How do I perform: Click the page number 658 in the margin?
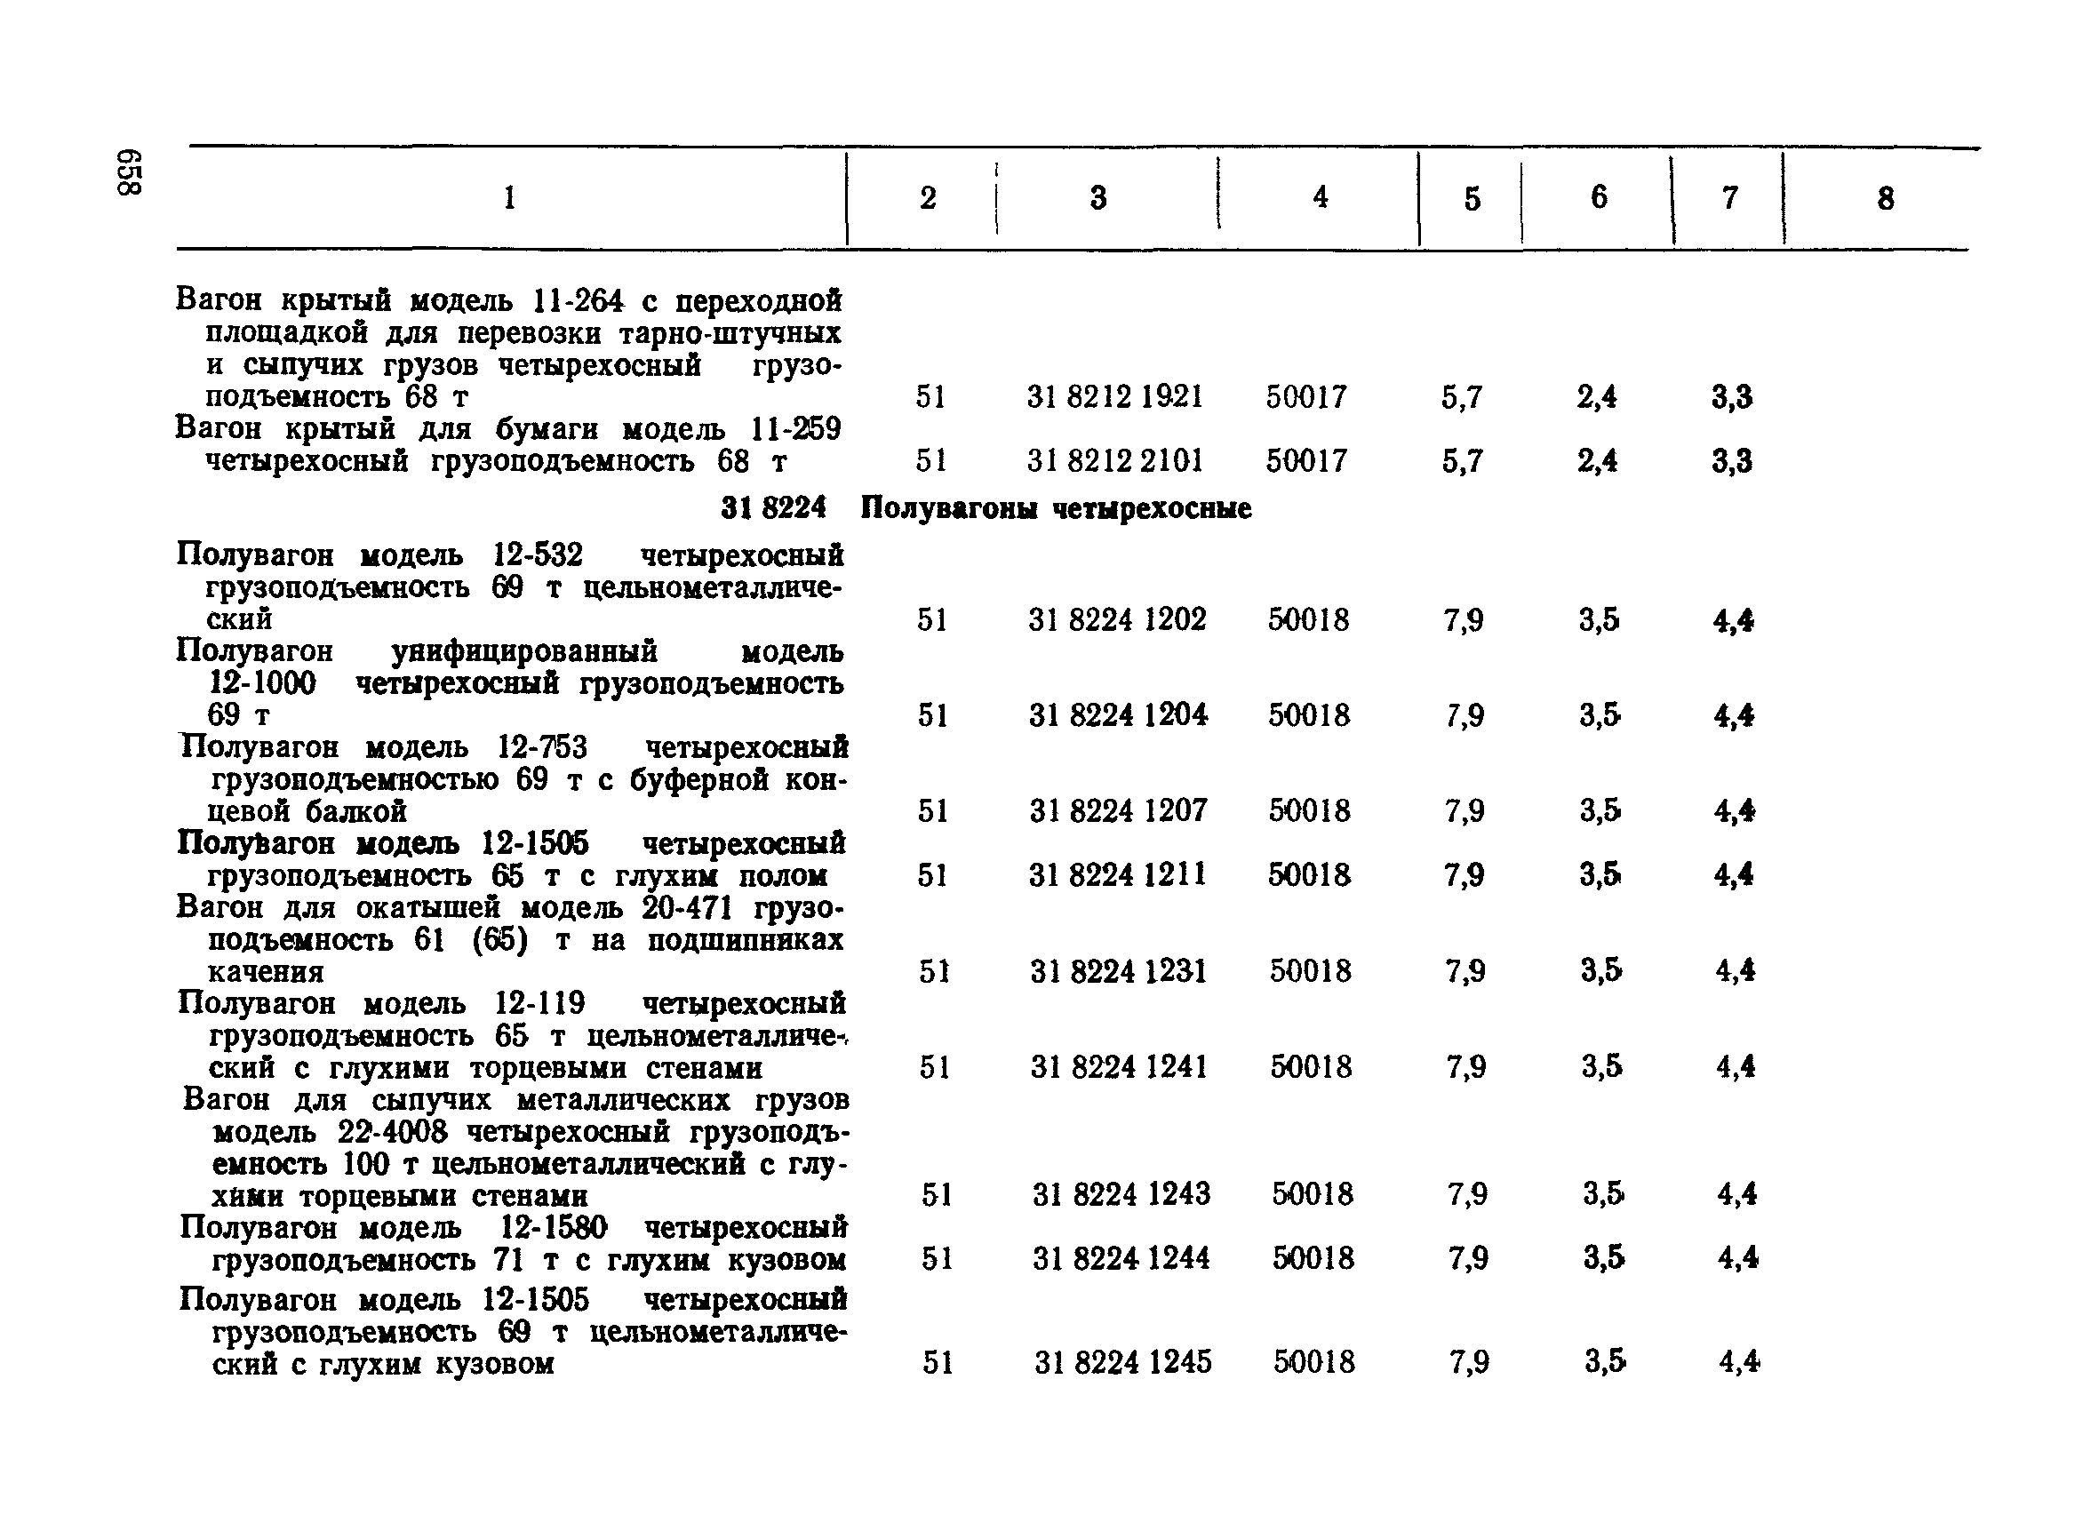coord(129,172)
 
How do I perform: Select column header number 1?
coord(509,197)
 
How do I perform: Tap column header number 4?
coord(1320,197)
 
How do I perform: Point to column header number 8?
coord(1885,198)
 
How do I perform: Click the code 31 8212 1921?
coord(1114,397)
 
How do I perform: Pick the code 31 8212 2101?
coord(1114,460)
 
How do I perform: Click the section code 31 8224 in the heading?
coord(773,508)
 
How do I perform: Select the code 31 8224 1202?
coord(1116,619)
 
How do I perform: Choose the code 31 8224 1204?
coord(1117,715)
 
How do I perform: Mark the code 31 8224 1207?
coord(1118,810)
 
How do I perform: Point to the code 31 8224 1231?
coord(1118,970)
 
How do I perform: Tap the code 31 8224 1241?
coord(1119,1067)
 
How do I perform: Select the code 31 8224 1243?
coord(1121,1193)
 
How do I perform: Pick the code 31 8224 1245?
coord(1122,1362)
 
